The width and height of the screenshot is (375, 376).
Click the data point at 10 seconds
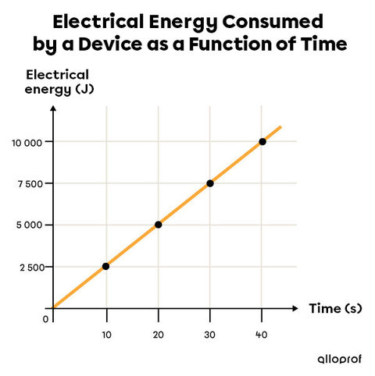[x=105, y=266]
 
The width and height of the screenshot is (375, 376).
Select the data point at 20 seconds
[x=158, y=225]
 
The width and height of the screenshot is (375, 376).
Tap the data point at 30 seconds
[x=210, y=183]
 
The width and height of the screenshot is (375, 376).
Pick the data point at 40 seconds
[x=262, y=141]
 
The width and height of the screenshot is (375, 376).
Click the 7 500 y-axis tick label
[x=30, y=183]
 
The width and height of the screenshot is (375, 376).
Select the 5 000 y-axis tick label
[x=30, y=225]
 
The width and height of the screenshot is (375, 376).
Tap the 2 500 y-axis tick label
[x=30, y=267]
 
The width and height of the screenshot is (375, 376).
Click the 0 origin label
[x=45, y=317]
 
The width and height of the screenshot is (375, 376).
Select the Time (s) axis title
[x=336, y=309]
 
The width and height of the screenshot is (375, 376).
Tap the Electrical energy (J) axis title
[x=58, y=81]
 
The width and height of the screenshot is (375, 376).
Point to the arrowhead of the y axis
[x=52, y=107]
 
